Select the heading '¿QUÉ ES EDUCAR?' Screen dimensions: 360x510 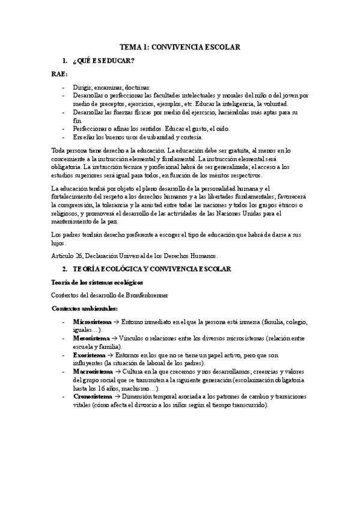click(x=103, y=61)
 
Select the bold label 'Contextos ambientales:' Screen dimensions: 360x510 click(x=84, y=308)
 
